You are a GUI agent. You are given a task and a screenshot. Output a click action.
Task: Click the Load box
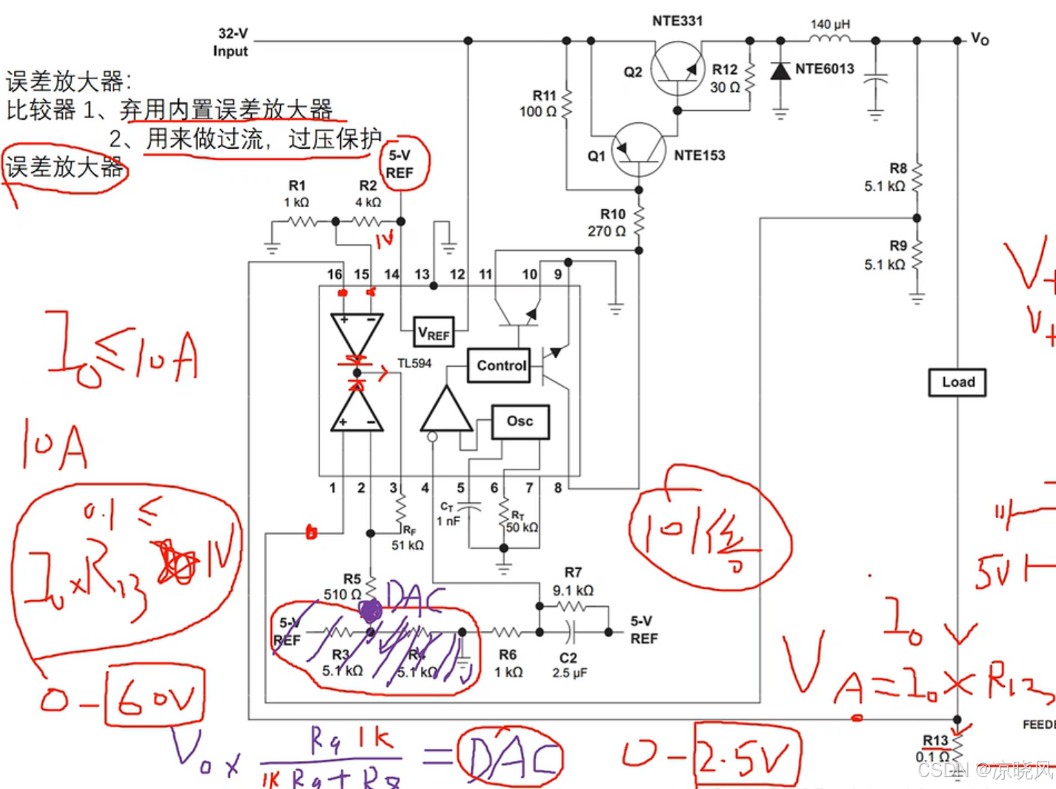(x=957, y=382)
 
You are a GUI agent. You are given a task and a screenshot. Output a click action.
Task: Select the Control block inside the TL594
(x=499, y=365)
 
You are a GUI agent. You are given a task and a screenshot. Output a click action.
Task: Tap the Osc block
(x=520, y=422)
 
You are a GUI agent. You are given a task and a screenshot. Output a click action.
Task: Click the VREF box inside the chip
(x=434, y=333)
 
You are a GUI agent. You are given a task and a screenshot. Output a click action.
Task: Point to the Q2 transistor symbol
(x=677, y=69)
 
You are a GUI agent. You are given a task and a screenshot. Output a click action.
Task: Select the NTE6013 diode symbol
(x=780, y=71)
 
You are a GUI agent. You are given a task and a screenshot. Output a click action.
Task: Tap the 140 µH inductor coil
(x=830, y=39)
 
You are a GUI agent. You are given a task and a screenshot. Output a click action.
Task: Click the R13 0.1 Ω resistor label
(x=934, y=748)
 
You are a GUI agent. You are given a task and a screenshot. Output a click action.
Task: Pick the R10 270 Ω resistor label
(x=608, y=222)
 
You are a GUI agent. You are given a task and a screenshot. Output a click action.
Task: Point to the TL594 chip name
(x=414, y=363)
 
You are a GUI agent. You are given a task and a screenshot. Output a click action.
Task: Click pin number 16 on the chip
(x=335, y=274)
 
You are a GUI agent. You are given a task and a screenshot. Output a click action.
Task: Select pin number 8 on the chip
(x=558, y=487)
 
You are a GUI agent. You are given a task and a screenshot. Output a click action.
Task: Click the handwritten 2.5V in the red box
(x=746, y=756)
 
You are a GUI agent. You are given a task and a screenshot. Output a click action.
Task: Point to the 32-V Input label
(x=231, y=42)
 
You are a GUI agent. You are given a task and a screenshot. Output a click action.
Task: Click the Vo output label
(x=980, y=39)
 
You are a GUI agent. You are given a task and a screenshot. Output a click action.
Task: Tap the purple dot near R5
(x=371, y=610)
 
